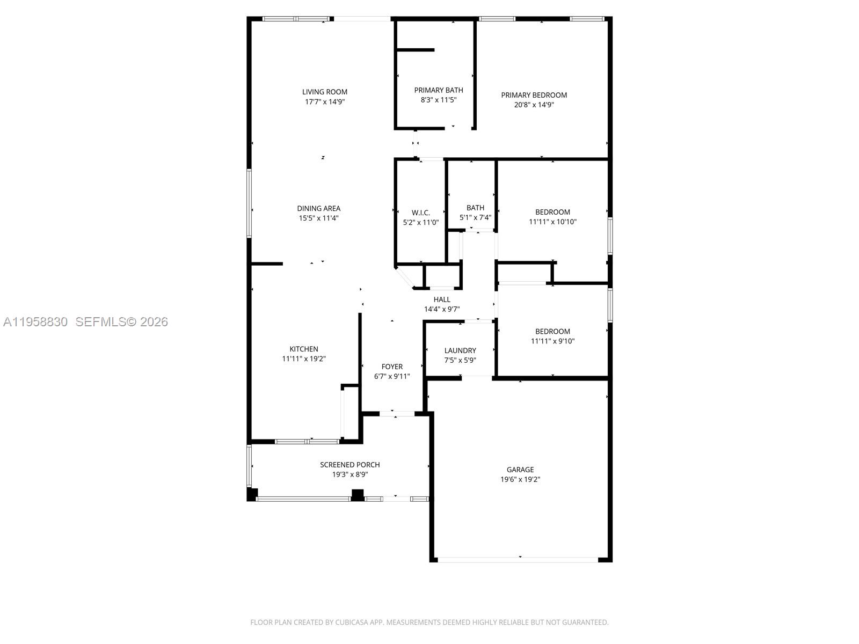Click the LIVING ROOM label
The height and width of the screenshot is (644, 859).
tap(324, 92)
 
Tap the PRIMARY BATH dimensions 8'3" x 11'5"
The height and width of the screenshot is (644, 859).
tap(438, 100)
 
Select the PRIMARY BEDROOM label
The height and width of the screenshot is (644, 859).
tap(534, 95)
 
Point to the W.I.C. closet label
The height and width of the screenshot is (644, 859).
tap(420, 213)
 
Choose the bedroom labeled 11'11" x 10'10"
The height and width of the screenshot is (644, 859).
tap(552, 217)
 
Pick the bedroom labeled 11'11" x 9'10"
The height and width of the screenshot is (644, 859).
tap(552, 336)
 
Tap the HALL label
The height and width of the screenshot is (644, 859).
tap(442, 299)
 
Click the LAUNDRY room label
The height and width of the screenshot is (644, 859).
tap(460, 350)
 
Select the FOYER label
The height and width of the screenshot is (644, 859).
tap(392, 367)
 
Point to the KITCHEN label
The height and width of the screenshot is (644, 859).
tap(304, 349)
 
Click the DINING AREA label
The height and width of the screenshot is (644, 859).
tap(318, 208)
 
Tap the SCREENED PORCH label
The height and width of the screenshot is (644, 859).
tap(350, 465)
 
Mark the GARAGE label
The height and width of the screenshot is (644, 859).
tap(520, 470)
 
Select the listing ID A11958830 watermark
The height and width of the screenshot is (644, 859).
tap(35, 321)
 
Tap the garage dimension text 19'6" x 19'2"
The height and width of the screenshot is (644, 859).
tap(520, 479)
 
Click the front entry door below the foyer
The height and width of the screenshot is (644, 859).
tap(397, 413)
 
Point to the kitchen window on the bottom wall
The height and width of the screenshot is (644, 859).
tap(307, 442)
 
